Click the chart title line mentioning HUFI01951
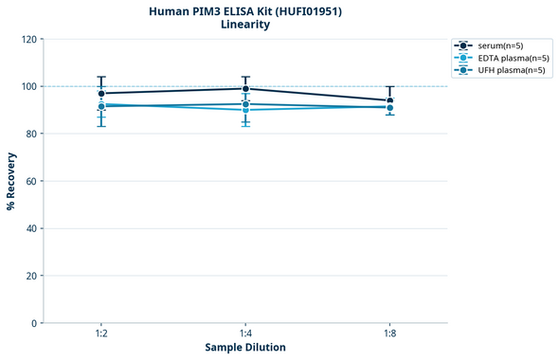244,10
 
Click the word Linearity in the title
244,25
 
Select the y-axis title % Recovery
11,181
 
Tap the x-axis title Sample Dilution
245,348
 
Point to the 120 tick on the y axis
28,39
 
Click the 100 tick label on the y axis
28,86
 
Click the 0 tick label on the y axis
34,323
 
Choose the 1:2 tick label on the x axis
100,334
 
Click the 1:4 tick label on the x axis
245,334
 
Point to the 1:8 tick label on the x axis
390,334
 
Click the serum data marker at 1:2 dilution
101,93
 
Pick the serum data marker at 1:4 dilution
245,88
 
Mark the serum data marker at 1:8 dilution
390,100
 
